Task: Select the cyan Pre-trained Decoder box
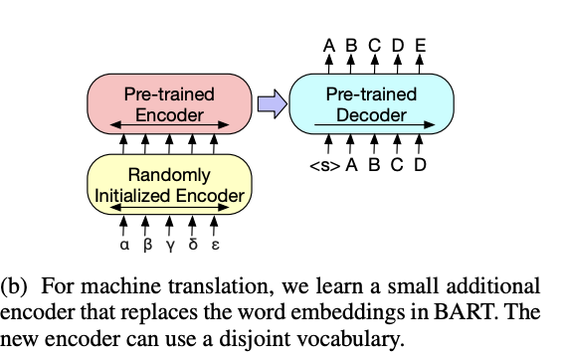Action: pyautogui.click(x=370, y=104)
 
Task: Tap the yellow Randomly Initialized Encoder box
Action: pyautogui.click(x=169, y=185)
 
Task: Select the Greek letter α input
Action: pyautogui.click(x=122, y=243)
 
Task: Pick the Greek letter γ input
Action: pyautogui.click(x=169, y=244)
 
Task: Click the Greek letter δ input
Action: pyautogui.click(x=192, y=243)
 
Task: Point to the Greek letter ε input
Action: pyautogui.click(x=215, y=244)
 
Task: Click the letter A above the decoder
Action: pyautogui.click(x=328, y=44)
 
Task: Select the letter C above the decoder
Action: pyautogui.click(x=374, y=44)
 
